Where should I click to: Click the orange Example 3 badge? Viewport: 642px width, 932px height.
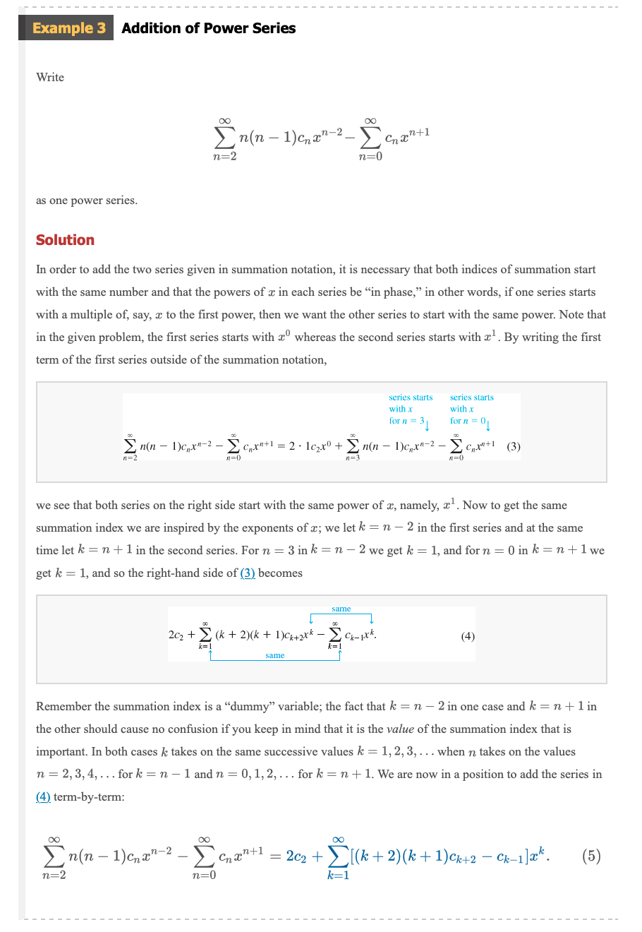[68, 28]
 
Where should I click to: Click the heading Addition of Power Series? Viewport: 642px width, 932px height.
[208, 28]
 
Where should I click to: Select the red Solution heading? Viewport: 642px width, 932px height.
[65, 240]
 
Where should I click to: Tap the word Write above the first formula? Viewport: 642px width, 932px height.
[50, 77]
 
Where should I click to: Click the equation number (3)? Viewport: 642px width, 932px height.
[514, 446]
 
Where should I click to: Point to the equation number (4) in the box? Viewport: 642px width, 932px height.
[467, 635]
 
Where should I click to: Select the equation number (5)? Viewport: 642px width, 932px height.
[591, 856]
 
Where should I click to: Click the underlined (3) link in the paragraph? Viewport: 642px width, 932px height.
[248, 573]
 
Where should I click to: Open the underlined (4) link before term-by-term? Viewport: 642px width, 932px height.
[43, 796]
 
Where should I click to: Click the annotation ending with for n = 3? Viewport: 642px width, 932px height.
[410, 410]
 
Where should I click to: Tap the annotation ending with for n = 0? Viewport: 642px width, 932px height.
[471, 410]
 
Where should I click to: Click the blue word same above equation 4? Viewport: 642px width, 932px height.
[341, 609]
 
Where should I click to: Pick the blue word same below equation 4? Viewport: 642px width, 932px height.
[274, 655]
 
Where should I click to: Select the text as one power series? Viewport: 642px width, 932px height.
[87, 200]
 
